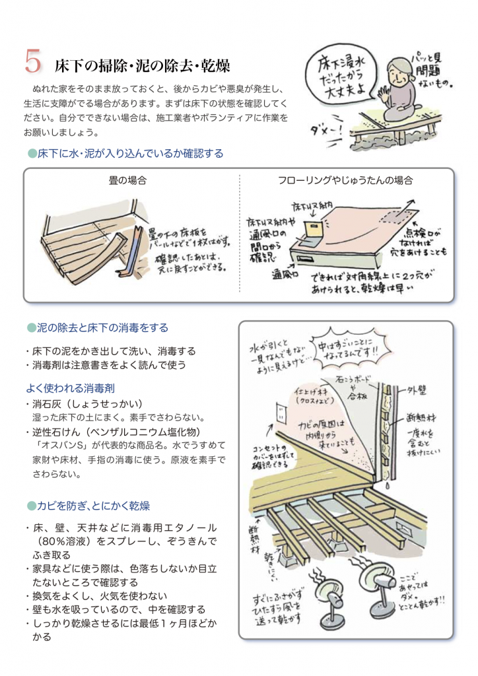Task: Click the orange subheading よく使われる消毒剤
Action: tap(70, 388)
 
